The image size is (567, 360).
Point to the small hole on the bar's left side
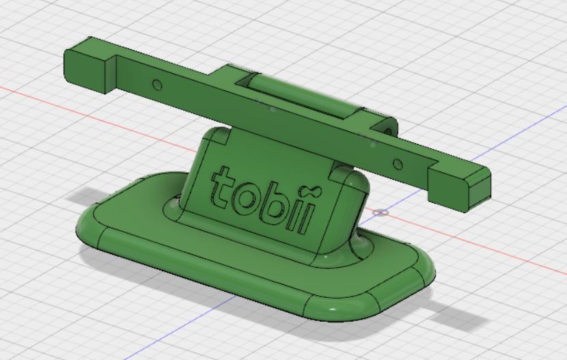click(156, 85)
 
